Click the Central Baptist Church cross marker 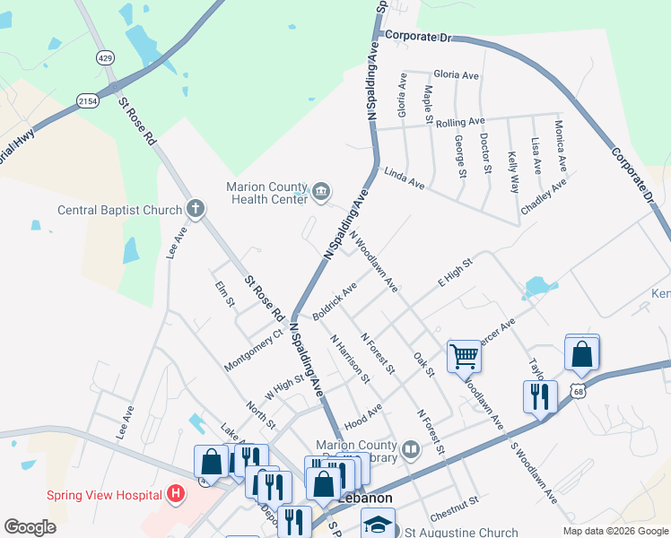tap(196, 210)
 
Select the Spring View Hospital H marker tap(176, 494)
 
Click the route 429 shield tap(105, 58)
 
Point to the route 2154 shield tap(87, 100)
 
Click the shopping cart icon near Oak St tap(464, 356)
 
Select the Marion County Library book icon tap(411, 447)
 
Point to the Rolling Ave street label tap(460, 121)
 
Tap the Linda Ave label tap(404, 178)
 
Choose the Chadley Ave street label tap(545, 196)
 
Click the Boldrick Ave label tap(335, 301)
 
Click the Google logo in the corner tap(30, 526)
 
